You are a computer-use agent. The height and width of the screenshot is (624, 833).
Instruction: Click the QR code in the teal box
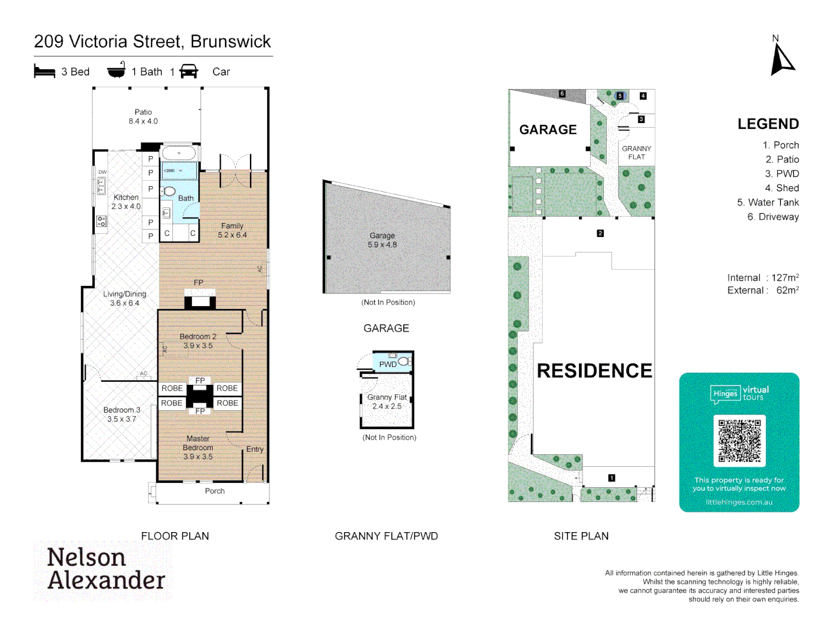pos(739,440)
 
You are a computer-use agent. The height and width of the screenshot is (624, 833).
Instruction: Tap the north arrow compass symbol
pos(782,60)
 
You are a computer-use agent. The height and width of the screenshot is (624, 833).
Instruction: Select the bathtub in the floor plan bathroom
pos(179,154)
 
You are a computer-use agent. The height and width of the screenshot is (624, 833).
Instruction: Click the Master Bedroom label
pos(198,447)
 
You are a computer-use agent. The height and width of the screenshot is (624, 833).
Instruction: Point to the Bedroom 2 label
pos(198,341)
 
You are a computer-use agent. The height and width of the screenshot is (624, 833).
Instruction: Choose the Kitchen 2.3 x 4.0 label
pos(126,202)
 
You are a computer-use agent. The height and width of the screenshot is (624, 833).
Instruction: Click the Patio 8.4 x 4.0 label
pos(143,117)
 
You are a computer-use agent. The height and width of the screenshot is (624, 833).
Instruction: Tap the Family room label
pos(232,230)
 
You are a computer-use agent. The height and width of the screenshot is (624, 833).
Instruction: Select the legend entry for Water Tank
pos(768,202)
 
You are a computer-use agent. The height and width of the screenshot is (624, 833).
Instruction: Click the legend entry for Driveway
pos(773,217)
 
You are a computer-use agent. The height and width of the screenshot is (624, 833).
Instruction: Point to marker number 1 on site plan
pos(611,478)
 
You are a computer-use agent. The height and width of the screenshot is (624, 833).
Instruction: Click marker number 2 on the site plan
pos(600,233)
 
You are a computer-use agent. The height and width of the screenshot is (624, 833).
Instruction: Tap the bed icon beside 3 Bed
pos(45,72)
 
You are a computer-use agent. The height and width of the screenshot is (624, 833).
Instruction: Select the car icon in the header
pos(189,72)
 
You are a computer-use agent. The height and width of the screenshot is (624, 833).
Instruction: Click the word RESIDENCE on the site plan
pos(594,371)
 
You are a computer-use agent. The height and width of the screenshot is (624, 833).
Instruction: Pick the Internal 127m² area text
pos(762,278)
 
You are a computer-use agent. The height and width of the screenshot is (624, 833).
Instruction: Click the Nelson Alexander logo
pos(106,569)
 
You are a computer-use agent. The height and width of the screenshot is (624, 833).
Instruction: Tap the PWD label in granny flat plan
pos(388,364)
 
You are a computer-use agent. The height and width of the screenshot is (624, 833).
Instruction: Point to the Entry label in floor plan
pos(255,449)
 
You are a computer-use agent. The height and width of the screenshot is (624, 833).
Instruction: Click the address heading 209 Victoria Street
pos(152,42)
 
